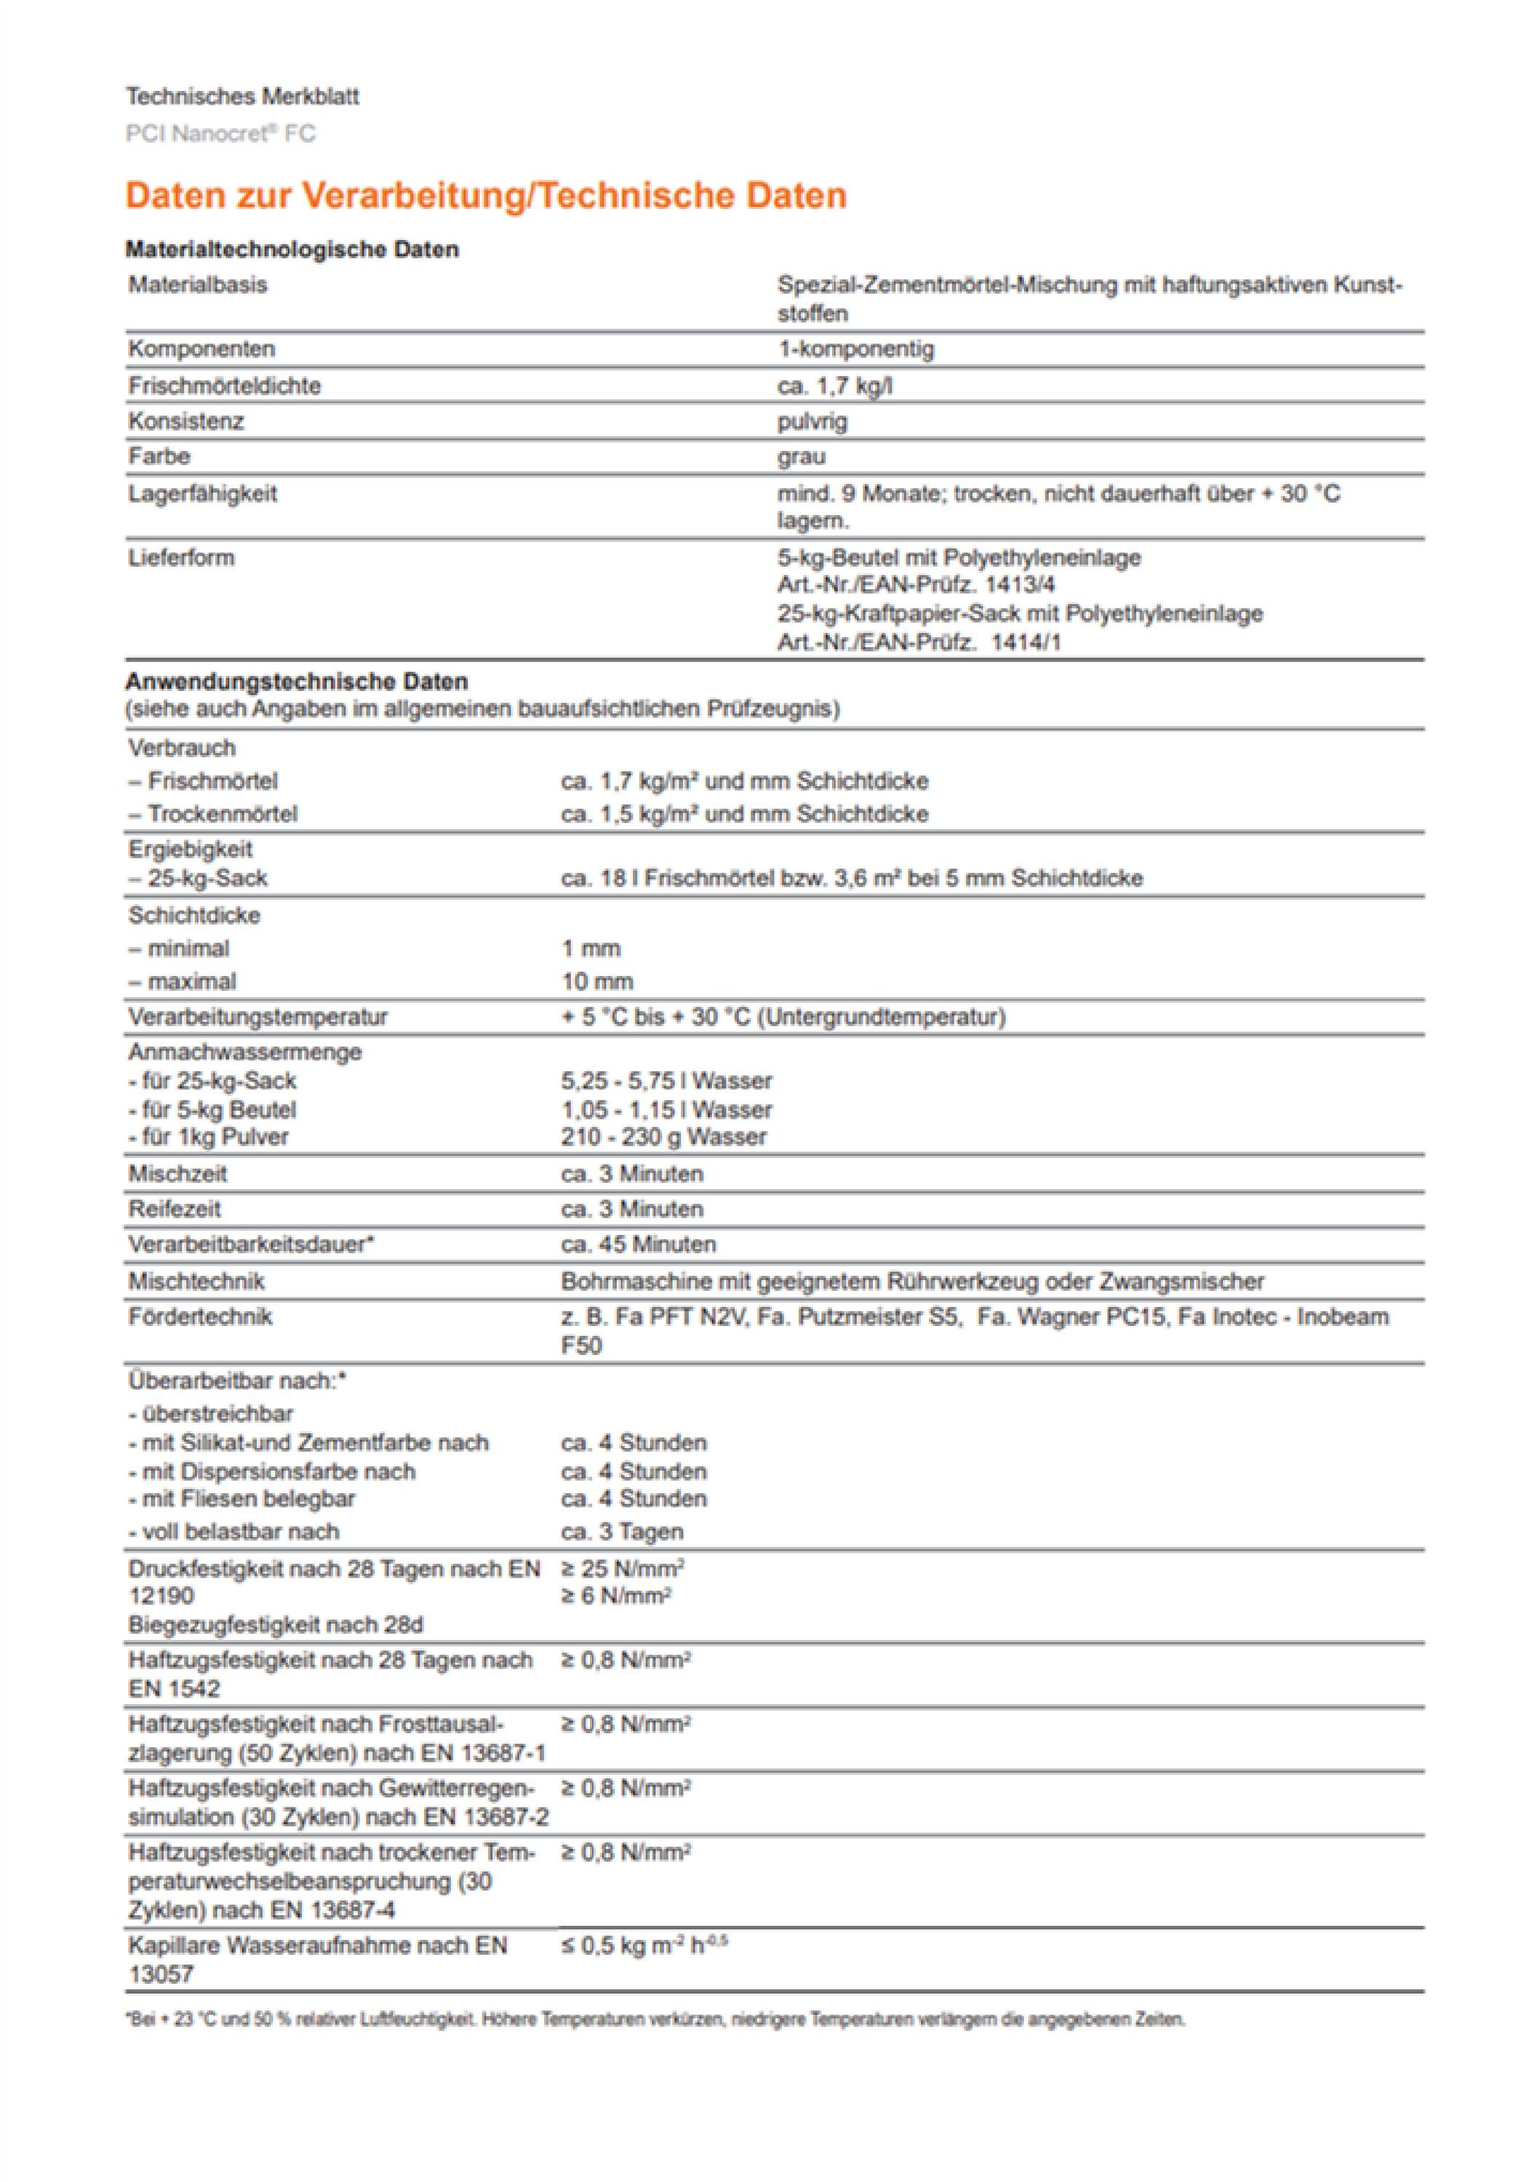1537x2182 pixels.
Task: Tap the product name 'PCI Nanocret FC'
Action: pyautogui.click(x=220, y=134)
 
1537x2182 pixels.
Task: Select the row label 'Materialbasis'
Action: pyautogui.click(x=198, y=285)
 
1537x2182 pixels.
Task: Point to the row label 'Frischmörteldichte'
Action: pyautogui.click(x=224, y=385)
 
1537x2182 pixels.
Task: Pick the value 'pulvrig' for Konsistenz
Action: pyautogui.click(x=812, y=421)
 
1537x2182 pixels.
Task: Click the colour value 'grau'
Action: pyautogui.click(x=802, y=457)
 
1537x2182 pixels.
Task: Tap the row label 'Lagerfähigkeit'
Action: pyautogui.click(x=202, y=494)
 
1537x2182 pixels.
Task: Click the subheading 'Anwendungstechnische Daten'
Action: pyautogui.click(x=297, y=682)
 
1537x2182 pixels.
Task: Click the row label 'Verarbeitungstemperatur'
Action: pyautogui.click(x=258, y=1017)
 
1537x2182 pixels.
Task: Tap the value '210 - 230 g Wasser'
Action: pyautogui.click(x=663, y=1138)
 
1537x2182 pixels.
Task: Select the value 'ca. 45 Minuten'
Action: pyautogui.click(x=638, y=1245)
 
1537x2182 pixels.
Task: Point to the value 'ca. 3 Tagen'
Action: pyautogui.click(x=622, y=1532)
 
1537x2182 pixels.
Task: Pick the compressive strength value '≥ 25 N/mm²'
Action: pyautogui.click(x=623, y=1569)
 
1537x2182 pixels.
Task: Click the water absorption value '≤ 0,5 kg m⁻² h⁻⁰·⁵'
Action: pyautogui.click(x=644, y=1946)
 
